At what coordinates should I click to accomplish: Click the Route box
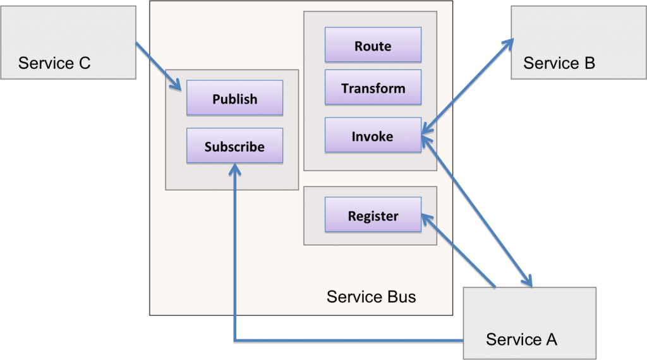373,46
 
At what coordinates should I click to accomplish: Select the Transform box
373,88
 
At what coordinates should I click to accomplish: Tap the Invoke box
373,136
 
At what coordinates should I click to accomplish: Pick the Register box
373,216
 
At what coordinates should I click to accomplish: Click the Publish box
234,99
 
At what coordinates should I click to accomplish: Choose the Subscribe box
234,147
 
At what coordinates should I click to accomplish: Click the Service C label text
54,63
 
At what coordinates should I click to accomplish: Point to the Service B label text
559,63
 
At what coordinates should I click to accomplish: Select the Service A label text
521,339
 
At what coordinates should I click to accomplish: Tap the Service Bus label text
371,296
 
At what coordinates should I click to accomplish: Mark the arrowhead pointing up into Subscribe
234,169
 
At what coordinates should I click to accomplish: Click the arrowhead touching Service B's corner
507,44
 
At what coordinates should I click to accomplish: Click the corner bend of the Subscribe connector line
235,342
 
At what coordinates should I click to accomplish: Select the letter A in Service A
550,339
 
